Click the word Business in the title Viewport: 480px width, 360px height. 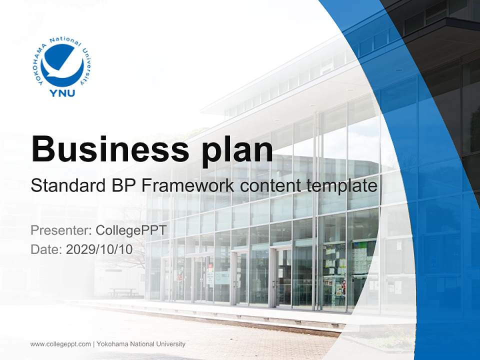coord(110,149)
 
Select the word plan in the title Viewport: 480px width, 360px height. coord(237,151)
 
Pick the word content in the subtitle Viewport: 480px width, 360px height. coord(270,186)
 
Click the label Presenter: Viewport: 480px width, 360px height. coord(61,230)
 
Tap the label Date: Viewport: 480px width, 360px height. coord(46,249)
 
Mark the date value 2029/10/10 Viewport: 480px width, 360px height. coord(99,249)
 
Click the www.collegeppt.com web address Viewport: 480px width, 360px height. coord(60,344)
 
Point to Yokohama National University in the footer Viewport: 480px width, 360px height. coord(141,344)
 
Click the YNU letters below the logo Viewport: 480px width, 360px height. coord(62,93)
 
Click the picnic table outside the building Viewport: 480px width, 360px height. coord(122,292)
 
